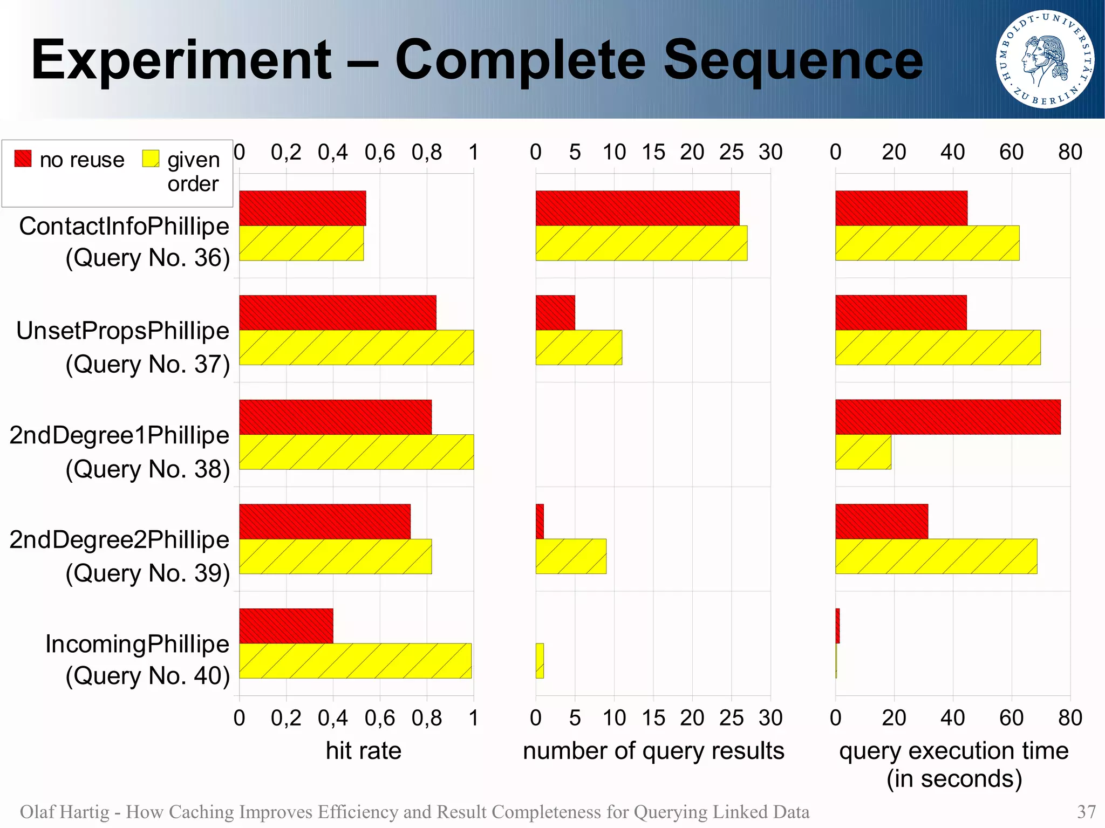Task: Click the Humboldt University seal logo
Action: pos(1045,59)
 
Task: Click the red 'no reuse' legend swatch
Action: pos(23,159)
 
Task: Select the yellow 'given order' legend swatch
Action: pos(151,159)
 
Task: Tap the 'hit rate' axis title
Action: pos(363,751)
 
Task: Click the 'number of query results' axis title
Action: pos(653,751)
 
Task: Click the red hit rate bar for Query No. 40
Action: pos(286,626)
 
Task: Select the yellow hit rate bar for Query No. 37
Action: pos(356,347)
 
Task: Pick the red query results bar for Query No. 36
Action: pos(637,208)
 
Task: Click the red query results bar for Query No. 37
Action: pos(555,312)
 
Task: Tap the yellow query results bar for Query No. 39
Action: pos(571,556)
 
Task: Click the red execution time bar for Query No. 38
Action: pos(947,417)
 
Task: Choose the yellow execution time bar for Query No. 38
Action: pos(863,451)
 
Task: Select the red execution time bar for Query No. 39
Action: pos(882,522)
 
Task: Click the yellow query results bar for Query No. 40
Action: pos(540,660)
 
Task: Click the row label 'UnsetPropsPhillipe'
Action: pos(122,331)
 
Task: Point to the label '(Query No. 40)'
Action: pos(147,675)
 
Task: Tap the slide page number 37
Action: pos(1086,812)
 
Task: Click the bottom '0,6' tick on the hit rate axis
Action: pos(379,718)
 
